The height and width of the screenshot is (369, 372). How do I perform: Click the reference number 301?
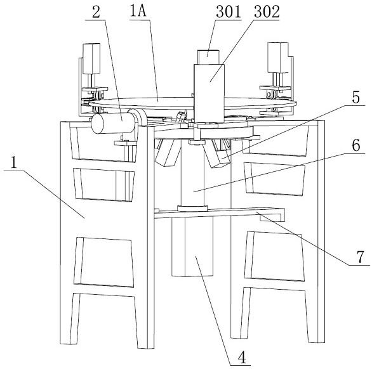pos(229,12)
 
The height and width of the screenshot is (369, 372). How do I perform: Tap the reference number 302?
pos(267,12)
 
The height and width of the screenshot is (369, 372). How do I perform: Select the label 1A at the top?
pos(138,11)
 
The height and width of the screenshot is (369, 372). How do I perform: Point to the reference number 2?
pos(96,12)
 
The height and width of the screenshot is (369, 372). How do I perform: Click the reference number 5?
pos(355,97)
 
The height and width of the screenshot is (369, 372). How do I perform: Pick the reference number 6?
pos(356,145)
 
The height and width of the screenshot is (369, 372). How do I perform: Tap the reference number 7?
pos(360,257)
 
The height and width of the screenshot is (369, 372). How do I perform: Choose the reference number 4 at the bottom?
pos(242,357)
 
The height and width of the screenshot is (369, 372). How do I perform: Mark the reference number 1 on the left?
pos(14,162)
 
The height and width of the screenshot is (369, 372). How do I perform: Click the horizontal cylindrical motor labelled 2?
pos(114,123)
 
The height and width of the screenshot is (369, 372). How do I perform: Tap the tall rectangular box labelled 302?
pos(209,93)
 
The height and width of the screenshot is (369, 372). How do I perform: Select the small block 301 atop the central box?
pos(208,57)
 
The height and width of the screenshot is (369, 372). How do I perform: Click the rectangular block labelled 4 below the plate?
pos(192,247)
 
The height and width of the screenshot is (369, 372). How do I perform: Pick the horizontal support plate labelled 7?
pos(219,213)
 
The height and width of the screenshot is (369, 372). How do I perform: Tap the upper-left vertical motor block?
pos(91,58)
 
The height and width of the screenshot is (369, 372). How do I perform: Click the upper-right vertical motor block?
pos(278,57)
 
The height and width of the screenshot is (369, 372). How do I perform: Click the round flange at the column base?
pos(192,209)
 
